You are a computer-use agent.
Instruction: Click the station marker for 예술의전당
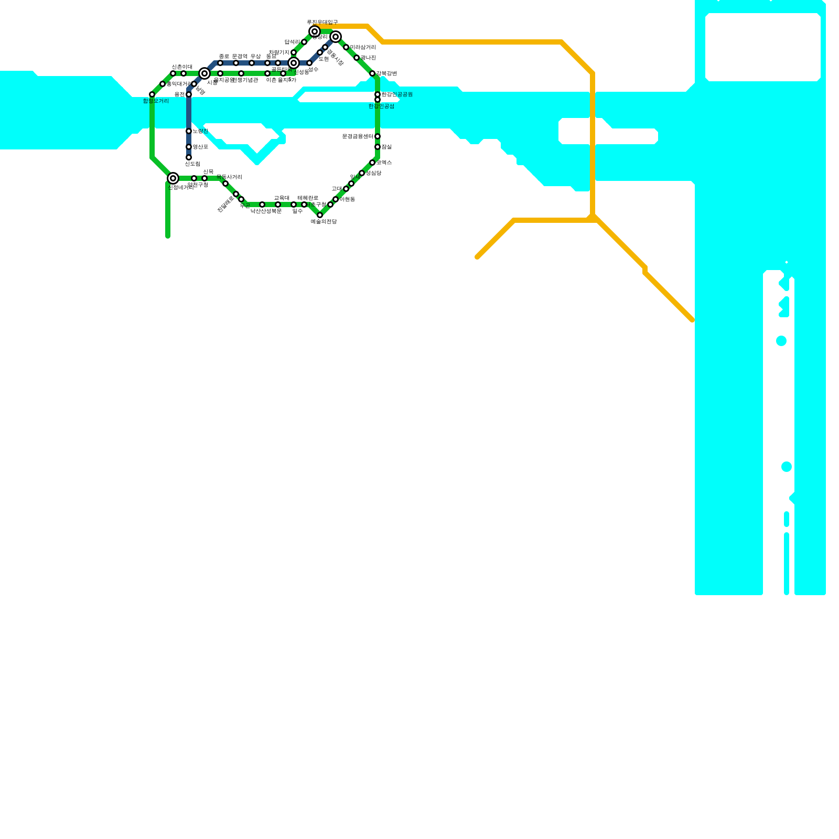click(x=320, y=215)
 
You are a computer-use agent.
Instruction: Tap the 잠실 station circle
click(x=378, y=147)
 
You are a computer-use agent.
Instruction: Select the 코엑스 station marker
click(x=372, y=163)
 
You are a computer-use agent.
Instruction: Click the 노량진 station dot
click(x=189, y=131)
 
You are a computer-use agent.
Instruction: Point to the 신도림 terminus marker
click(x=189, y=157)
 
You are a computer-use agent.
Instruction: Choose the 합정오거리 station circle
click(x=152, y=94)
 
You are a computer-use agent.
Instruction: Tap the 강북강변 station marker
click(x=372, y=73)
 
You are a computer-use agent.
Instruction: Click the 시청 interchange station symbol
click(x=205, y=73)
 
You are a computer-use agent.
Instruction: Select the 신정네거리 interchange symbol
click(x=173, y=178)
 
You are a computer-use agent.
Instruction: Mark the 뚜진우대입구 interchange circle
click(x=315, y=31)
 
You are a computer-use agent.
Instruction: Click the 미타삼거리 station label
click(x=363, y=47)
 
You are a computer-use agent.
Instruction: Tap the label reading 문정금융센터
click(x=358, y=136)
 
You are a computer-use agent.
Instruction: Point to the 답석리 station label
click(x=292, y=42)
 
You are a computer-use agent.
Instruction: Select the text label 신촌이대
click(x=182, y=67)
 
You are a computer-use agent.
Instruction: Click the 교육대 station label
click(x=282, y=198)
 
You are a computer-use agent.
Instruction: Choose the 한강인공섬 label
click(x=381, y=106)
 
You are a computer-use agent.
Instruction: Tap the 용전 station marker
click(x=189, y=94)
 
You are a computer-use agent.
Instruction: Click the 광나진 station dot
click(x=357, y=58)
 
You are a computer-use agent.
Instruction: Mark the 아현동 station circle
click(x=336, y=199)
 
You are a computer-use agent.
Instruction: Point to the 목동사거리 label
click(x=229, y=177)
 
